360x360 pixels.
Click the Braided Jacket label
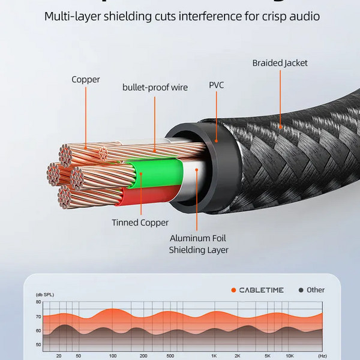[x=280, y=63]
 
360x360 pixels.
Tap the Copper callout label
[x=86, y=79]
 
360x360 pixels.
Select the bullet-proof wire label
[x=155, y=88]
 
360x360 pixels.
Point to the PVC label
[x=216, y=85]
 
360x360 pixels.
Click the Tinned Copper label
[x=140, y=223]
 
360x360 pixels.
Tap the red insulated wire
[x=150, y=196]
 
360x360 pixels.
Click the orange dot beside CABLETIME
[x=233, y=290]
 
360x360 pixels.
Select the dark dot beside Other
[x=301, y=290]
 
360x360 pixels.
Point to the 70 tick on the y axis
[x=38, y=316]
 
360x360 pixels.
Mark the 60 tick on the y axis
[x=38, y=331]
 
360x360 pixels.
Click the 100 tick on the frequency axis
[x=113, y=356]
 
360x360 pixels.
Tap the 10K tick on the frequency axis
[x=290, y=356]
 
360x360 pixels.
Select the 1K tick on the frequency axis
[x=214, y=356]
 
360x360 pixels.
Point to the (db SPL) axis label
[x=45, y=295]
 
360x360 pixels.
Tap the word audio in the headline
[x=304, y=16]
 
